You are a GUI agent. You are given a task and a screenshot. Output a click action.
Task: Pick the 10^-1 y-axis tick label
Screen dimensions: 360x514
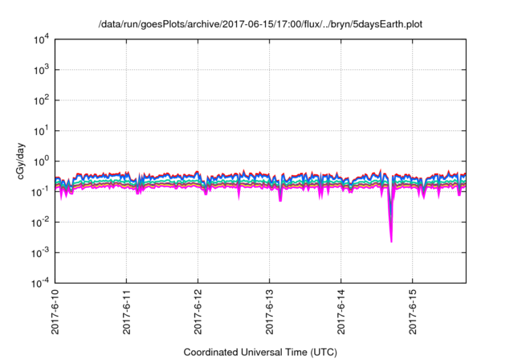pos(40,192)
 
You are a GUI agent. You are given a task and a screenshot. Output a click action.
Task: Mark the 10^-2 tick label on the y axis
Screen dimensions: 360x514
pos(40,223)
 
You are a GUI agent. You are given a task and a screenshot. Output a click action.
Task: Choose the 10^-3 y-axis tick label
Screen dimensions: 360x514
pos(40,253)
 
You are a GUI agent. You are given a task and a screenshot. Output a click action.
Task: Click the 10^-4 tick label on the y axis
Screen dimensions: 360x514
pos(40,283)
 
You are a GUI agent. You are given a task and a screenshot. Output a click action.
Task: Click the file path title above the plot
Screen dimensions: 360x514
pos(260,25)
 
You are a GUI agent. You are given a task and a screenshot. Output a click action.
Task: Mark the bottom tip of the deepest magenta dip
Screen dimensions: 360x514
pos(391,241)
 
